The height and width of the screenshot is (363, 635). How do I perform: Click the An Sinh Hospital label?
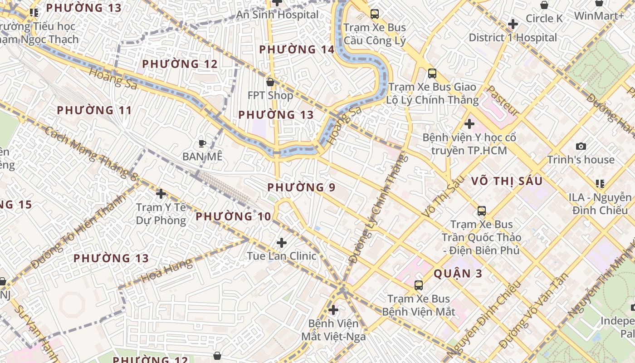[x=277, y=15]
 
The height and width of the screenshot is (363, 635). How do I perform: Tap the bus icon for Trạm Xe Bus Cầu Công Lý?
[x=375, y=14]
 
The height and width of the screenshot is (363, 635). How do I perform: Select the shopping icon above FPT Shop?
[x=270, y=82]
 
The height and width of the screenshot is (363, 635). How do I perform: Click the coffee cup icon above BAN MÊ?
[x=202, y=143]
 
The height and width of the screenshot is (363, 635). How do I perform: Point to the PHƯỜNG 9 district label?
[x=302, y=187]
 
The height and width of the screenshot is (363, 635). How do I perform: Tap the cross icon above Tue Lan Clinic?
[x=282, y=243]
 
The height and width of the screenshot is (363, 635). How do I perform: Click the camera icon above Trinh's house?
[x=581, y=146]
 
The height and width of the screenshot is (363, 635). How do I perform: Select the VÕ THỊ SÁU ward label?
[x=507, y=181]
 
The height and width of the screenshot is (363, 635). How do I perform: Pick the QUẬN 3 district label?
[x=458, y=273]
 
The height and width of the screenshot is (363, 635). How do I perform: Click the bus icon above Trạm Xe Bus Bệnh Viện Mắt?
[x=419, y=285]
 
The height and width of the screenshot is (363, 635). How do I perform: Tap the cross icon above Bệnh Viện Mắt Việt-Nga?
[x=333, y=310]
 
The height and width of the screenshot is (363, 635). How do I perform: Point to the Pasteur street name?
[x=503, y=100]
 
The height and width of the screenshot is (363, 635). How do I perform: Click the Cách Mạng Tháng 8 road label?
[x=91, y=153]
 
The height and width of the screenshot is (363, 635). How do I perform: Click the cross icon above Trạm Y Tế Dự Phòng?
[x=161, y=194]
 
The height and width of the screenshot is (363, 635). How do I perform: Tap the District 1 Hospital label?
[x=513, y=37]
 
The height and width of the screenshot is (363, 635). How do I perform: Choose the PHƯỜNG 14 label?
[x=297, y=49]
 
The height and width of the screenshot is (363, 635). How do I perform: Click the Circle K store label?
[x=544, y=19]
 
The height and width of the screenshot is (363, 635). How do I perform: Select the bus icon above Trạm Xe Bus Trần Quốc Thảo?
[x=482, y=211]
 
